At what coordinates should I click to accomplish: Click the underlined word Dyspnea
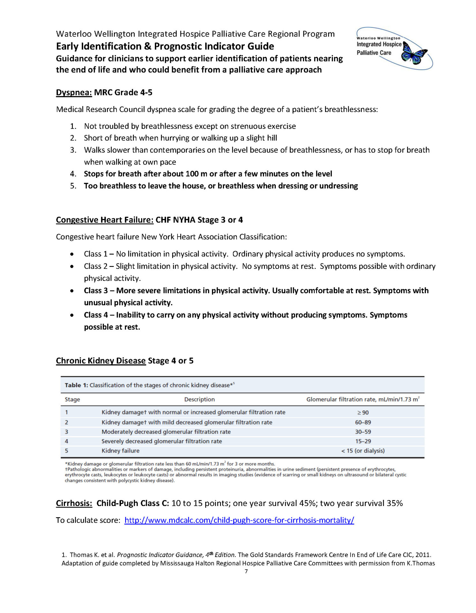click(74, 93)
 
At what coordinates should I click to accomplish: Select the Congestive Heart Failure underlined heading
click(104, 220)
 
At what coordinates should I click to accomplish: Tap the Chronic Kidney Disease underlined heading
click(101, 361)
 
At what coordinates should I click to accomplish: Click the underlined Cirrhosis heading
click(74, 503)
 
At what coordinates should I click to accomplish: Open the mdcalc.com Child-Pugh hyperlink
click(239, 520)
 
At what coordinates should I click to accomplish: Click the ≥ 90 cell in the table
click(363, 412)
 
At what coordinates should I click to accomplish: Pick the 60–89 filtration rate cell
click(363, 422)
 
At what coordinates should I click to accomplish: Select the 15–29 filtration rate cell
click(363, 441)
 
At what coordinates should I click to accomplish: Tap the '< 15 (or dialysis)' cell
click(363, 451)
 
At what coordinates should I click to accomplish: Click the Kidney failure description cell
click(120, 451)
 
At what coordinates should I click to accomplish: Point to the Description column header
click(199, 399)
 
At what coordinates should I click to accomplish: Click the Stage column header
click(72, 399)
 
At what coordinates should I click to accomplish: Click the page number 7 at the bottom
click(246, 571)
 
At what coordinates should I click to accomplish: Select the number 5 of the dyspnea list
click(73, 186)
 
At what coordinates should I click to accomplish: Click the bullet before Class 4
click(72, 315)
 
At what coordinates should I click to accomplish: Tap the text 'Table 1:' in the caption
click(76, 385)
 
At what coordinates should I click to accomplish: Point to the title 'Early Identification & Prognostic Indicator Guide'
click(165, 46)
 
